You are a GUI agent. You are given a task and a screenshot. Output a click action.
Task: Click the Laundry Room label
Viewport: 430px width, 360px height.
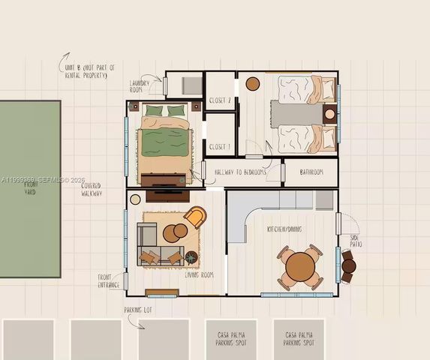[x=140, y=85]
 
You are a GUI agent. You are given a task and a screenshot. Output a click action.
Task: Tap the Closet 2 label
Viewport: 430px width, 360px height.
[x=220, y=100]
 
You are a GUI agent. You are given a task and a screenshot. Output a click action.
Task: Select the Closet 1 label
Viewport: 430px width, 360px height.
[x=220, y=146]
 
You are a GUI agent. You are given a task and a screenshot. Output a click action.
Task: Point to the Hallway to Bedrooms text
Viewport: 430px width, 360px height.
[x=241, y=172]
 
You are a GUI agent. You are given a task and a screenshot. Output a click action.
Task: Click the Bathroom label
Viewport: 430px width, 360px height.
[x=311, y=172]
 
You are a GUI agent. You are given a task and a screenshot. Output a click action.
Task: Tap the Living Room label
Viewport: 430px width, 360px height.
[x=200, y=275]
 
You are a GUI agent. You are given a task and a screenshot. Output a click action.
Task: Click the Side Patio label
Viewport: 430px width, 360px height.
[x=356, y=241]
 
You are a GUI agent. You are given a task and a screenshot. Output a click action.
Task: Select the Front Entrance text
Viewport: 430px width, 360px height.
[x=109, y=280]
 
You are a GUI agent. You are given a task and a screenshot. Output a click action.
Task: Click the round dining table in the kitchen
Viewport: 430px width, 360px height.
[x=301, y=265]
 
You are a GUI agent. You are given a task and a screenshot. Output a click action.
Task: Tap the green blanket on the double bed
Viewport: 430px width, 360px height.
[x=163, y=141]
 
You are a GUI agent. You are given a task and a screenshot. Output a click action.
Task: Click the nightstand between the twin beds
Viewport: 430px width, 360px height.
[x=329, y=114]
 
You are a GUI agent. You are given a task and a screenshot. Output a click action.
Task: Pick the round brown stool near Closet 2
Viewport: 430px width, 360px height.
[x=253, y=84]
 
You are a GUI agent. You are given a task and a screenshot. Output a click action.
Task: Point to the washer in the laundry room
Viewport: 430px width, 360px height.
[x=191, y=85]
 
